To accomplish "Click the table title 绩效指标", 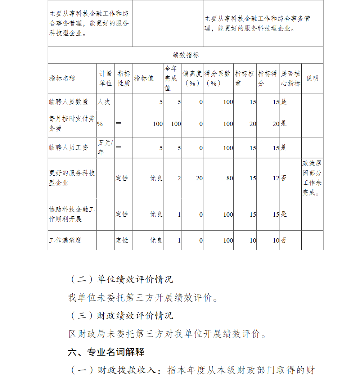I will click(186, 55).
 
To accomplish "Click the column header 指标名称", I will click(62, 78).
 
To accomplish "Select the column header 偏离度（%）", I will click(192, 78).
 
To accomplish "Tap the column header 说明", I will click(312, 78).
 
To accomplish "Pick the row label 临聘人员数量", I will click(69, 102).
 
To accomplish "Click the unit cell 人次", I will click(104, 102).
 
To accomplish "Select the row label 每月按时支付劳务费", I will click(72, 123).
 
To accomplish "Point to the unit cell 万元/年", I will click(105, 148).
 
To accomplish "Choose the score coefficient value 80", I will click(230, 178).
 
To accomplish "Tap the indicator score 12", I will click(276, 178).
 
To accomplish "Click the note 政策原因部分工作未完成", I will click(312, 178).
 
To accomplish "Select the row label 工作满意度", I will click(65, 240).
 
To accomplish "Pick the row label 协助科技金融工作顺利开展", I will click(72, 214).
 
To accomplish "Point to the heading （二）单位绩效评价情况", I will click(121, 279).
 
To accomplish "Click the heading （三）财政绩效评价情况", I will click(121, 316).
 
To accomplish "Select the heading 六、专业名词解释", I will click(106, 352).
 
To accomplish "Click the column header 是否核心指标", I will click(291, 78).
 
